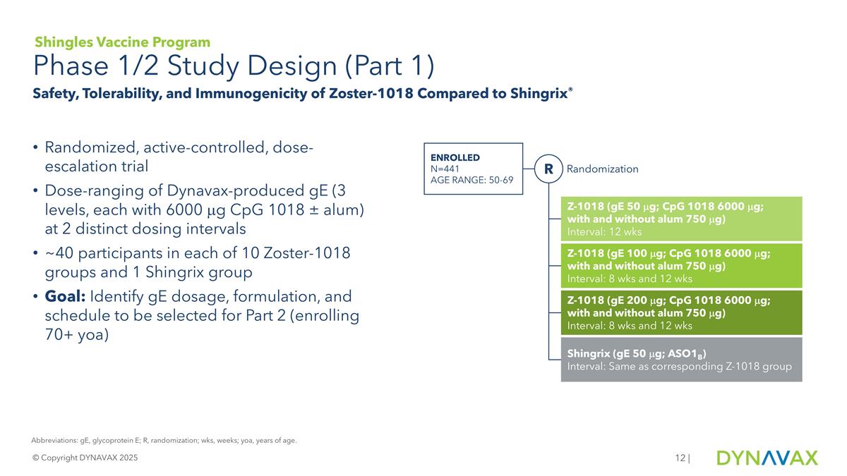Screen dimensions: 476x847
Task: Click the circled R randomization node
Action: (x=548, y=169)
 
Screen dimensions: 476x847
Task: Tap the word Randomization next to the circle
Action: (x=602, y=169)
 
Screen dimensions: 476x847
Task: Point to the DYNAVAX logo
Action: (x=767, y=458)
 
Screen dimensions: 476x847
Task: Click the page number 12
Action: (x=680, y=458)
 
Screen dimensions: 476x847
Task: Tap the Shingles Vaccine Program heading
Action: (x=122, y=42)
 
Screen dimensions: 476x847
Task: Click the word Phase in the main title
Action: (x=70, y=67)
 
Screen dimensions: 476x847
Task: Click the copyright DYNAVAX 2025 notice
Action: (x=85, y=458)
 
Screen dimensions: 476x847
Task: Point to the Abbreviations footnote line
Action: (x=164, y=441)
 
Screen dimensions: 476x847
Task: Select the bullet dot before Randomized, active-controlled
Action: (x=35, y=149)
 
